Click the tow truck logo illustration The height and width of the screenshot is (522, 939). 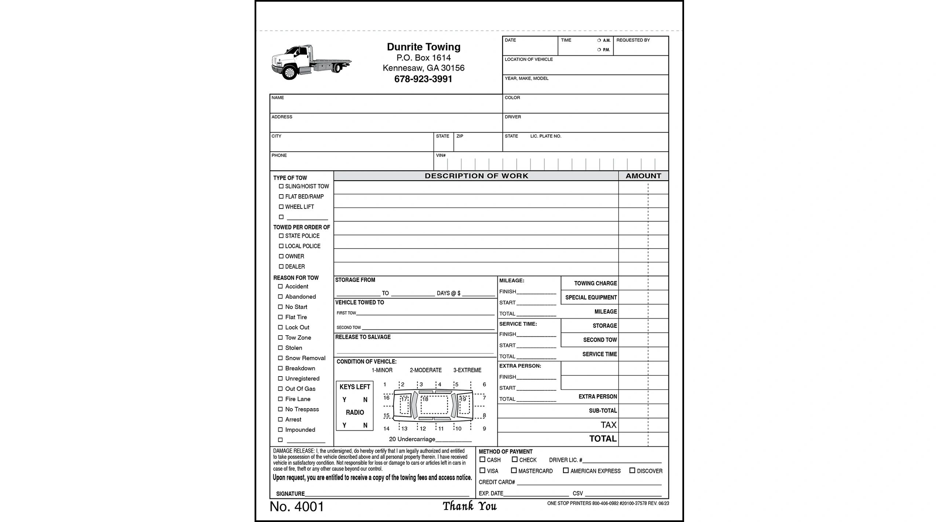click(311, 62)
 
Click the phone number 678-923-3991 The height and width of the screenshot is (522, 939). click(423, 79)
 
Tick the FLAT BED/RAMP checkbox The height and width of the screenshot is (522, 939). click(281, 196)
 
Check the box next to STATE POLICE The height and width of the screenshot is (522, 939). click(281, 236)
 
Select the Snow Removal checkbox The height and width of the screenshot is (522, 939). click(280, 358)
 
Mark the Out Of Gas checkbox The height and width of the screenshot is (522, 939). click(280, 389)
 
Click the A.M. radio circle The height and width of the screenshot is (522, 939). click(599, 40)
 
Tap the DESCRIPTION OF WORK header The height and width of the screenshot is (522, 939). click(476, 176)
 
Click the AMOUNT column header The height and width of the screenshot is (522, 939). click(643, 176)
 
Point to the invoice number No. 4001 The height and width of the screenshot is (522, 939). click(297, 507)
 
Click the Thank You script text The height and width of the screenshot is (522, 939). click(469, 506)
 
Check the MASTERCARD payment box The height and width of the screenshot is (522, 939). click(514, 470)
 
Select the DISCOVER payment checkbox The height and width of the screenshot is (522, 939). click(632, 470)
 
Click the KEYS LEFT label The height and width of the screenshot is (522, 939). click(355, 387)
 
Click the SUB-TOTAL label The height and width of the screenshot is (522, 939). click(603, 411)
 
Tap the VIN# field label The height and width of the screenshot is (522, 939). click(441, 155)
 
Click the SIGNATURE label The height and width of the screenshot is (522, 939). click(290, 494)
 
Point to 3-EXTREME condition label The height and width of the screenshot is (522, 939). click(467, 370)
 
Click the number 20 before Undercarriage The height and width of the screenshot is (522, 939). click(392, 439)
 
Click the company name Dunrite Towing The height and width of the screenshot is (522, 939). click(424, 47)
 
